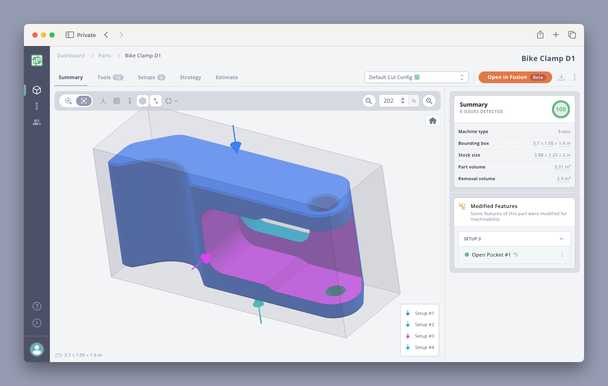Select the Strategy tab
[190, 77]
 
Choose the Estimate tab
[226, 77]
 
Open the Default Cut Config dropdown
[416, 77]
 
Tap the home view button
[433, 121]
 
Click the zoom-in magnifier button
[429, 101]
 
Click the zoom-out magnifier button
[369, 101]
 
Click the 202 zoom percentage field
[389, 101]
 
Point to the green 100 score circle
[560, 109]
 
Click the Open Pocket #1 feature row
[491, 255]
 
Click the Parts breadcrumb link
[104, 56]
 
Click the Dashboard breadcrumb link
[71, 56]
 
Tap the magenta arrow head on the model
[206, 258]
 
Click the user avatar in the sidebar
[37, 349]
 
